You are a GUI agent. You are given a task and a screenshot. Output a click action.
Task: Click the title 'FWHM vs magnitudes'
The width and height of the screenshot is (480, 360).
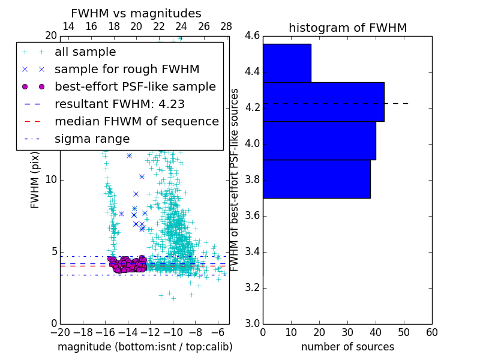(x=136, y=14)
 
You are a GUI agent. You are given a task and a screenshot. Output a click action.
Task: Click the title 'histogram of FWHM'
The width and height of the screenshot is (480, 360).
(x=347, y=28)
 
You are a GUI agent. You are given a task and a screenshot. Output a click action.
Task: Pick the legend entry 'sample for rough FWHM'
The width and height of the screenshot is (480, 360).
(x=127, y=69)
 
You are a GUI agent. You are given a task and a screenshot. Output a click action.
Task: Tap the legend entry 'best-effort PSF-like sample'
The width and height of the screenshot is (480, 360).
(x=135, y=86)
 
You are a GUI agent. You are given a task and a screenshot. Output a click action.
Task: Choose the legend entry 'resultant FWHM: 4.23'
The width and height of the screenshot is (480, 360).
(x=119, y=104)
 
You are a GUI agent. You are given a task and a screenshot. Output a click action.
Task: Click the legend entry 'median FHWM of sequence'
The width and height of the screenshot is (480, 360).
(x=136, y=121)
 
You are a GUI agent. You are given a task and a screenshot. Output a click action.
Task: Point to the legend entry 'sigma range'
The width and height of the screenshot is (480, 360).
(x=92, y=139)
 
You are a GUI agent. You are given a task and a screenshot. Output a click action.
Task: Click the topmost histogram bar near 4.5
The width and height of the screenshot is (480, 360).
(x=287, y=63)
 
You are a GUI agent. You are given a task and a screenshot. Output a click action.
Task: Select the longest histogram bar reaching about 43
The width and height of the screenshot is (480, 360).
(x=323, y=101)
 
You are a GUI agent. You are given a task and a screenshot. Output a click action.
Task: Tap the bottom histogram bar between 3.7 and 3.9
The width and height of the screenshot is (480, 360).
(x=316, y=179)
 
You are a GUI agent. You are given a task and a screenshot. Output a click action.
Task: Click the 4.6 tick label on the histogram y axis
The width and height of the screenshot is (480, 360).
(x=252, y=36)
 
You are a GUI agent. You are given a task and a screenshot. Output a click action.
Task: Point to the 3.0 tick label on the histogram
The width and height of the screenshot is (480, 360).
(x=252, y=323)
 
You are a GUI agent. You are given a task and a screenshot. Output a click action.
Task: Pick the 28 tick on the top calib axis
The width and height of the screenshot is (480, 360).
(x=226, y=26)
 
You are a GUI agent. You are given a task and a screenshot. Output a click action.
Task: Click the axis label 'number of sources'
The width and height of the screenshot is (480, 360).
(x=347, y=347)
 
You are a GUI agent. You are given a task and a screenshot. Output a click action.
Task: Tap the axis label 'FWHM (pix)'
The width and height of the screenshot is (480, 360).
(x=35, y=179)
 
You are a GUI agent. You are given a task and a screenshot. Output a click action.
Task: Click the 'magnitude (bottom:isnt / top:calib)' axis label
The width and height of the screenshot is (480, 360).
(x=145, y=347)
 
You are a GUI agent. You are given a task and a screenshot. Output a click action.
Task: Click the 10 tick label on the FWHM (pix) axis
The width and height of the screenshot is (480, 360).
(x=50, y=179)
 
